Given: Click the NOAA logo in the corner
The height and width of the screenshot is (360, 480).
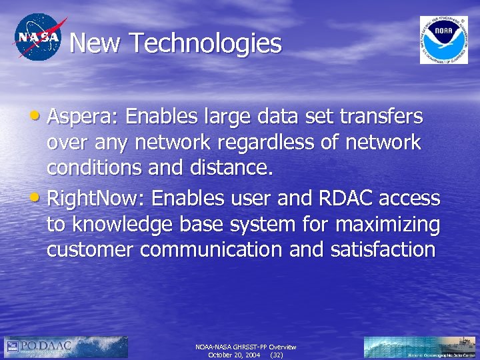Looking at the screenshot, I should click(x=443, y=39).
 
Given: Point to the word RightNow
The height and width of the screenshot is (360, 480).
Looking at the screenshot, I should click(x=91, y=198).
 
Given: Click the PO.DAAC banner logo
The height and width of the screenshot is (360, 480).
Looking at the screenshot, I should click(x=66, y=347).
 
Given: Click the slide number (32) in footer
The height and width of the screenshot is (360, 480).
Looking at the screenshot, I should click(x=276, y=355).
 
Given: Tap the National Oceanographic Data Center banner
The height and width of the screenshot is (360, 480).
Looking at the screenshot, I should click(x=419, y=347).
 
